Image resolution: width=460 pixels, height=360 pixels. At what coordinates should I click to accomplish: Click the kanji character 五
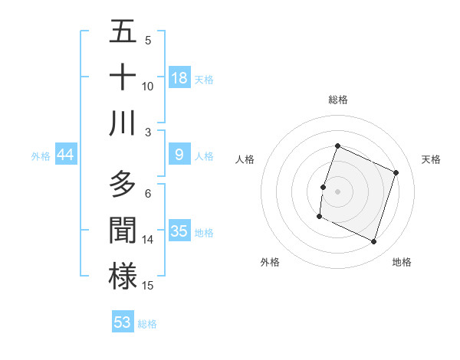coord(123,32)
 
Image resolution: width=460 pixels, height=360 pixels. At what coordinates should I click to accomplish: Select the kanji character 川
coord(123,123)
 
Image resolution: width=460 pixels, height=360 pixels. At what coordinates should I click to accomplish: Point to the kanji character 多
coord(123,185)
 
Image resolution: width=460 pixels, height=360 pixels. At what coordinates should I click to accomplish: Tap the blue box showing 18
coord(179,78)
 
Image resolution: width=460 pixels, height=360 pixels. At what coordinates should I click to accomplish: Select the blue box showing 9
coord(179,155)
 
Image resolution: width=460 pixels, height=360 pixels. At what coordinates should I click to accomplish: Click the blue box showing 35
coord(179,231)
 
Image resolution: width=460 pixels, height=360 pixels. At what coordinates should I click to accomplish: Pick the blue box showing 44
coord(66,155)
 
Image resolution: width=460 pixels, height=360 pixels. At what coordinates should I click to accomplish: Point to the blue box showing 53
coord(123,322)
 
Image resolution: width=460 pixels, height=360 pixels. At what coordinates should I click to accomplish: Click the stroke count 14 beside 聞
coord(148,240)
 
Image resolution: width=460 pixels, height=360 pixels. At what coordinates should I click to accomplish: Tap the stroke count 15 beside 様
coord(148,286)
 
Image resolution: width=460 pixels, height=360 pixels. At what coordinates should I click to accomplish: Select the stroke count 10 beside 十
coord(148,87)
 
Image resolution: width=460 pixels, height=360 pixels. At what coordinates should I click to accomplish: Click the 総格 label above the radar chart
coord(338,100)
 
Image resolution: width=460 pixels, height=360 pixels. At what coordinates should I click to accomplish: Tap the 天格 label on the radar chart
coord(432,159)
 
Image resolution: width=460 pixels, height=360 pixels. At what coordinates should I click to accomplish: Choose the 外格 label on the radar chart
coord(270,262)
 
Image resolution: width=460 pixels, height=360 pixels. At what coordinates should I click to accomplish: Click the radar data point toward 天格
coord(396,172)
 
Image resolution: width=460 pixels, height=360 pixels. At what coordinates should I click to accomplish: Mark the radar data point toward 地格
coord(374,242)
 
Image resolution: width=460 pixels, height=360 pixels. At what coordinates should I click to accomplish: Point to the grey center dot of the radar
coord(338,191)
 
